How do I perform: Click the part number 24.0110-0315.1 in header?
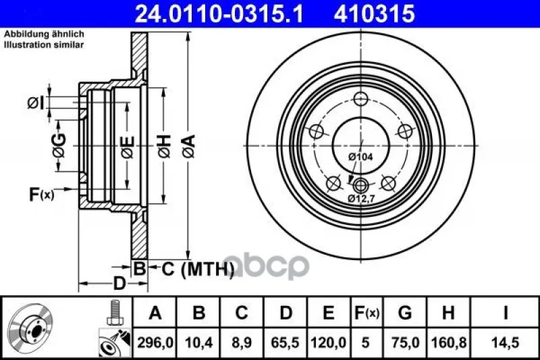(x=219, y=14)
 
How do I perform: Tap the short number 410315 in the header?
(x=375, y=14)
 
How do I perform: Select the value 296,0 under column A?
(x=155, y=342)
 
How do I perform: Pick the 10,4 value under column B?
(x=198, y=342)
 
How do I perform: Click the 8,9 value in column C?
(x=242, y=342)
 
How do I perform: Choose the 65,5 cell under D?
(x=285, y=342)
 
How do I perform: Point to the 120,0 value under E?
(x=328, y=342)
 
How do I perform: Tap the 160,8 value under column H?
(x=449, y=342)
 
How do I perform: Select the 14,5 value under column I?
(x=505, y=342)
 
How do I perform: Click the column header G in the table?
(x=404, y=313)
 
